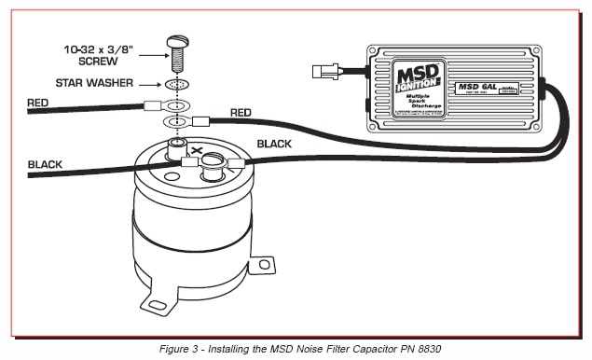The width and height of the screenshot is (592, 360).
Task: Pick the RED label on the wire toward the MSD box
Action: [x=241, y=112]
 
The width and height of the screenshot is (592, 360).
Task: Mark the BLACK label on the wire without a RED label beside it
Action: [x=46, y=164]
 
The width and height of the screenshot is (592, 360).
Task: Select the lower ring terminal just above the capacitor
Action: [x=173, y=121]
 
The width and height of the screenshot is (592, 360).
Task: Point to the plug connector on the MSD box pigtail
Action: [x=329, y=68]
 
